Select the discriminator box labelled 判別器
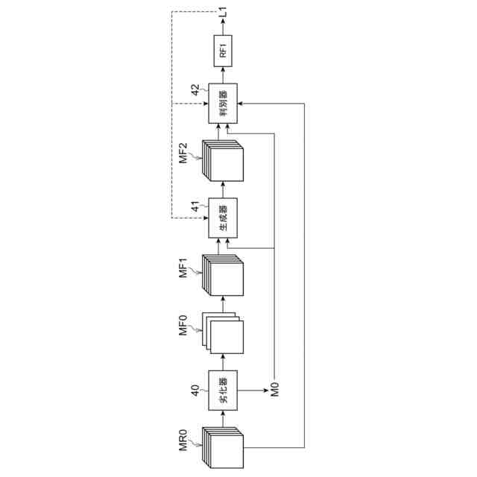[x=223, y=103]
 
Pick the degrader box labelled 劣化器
[x=223, y=389]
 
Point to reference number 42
[x=195, y=90]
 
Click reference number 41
[x=195, y=206]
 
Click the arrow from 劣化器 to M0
[x=253, y=388]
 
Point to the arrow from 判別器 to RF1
[x=223, y=75]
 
